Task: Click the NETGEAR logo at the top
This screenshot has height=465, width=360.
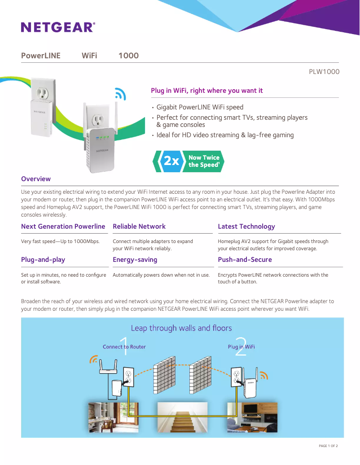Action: [58, 27]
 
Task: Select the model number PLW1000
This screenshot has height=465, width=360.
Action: [324, 72]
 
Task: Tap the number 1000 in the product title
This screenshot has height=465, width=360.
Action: [128, 56]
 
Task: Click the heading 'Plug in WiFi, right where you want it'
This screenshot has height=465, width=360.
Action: [207, 91]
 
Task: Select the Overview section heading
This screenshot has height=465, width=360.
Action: [36, 179]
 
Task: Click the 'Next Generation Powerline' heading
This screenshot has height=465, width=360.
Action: [63, 226]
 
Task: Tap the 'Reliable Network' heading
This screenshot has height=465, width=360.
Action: [139, 226]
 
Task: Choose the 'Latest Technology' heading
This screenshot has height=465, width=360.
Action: [246, 226]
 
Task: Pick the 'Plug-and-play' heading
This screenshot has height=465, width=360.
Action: [43, 260]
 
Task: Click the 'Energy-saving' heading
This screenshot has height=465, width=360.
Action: [135, 260]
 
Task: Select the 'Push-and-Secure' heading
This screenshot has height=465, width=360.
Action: [245, 260]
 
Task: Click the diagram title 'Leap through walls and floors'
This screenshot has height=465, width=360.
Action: [181, 328]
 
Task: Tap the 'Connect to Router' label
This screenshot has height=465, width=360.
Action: [124, 347]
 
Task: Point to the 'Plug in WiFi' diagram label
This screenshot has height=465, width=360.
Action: [241, 347]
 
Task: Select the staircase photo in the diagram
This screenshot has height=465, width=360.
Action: [182, 417]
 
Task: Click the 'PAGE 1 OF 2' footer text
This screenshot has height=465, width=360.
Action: [328, 446]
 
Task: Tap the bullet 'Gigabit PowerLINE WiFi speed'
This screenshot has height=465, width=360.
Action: [200, 107]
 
